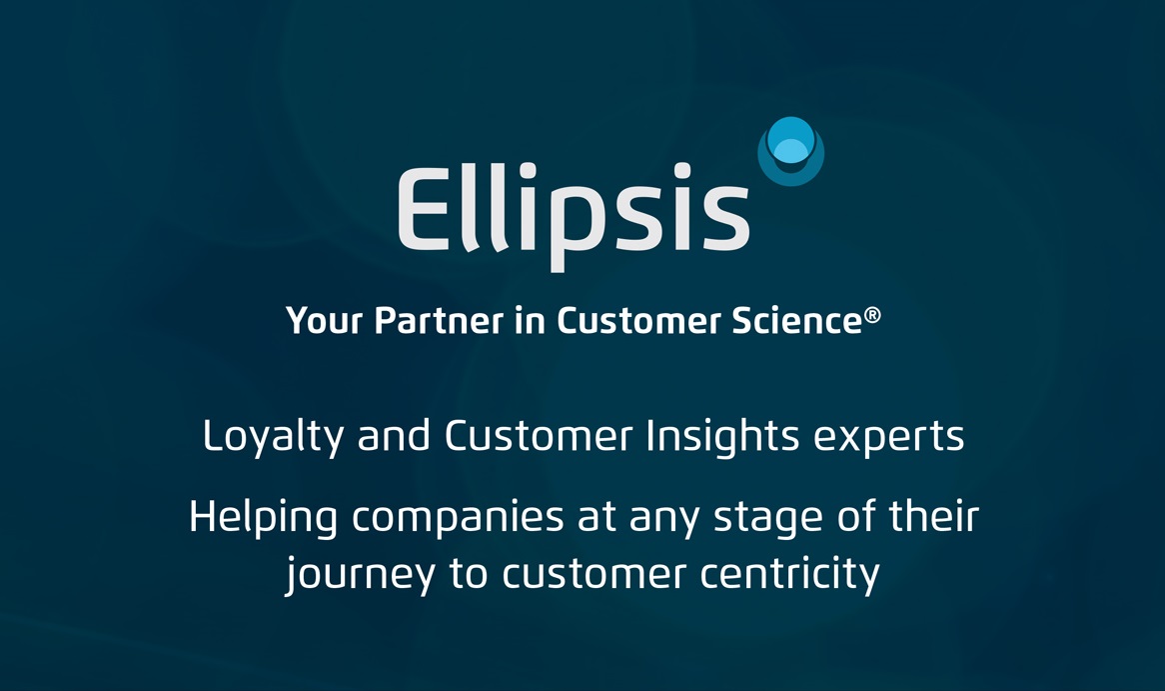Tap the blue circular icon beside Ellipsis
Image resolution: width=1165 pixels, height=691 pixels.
point(790,151)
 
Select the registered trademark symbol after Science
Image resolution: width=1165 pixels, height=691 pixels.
point(872,315)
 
